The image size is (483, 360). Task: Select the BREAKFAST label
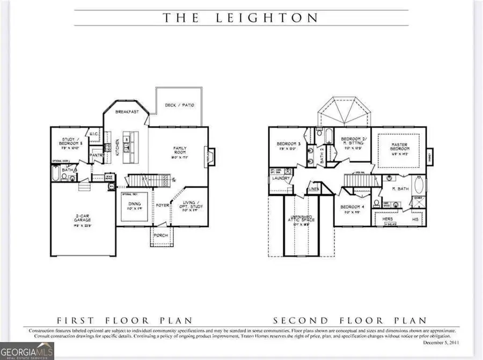coord(127,111)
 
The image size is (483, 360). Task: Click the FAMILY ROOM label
coord(179,150)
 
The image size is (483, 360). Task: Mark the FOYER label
coord(160,204)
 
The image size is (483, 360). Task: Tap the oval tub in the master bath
coord(420,186)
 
